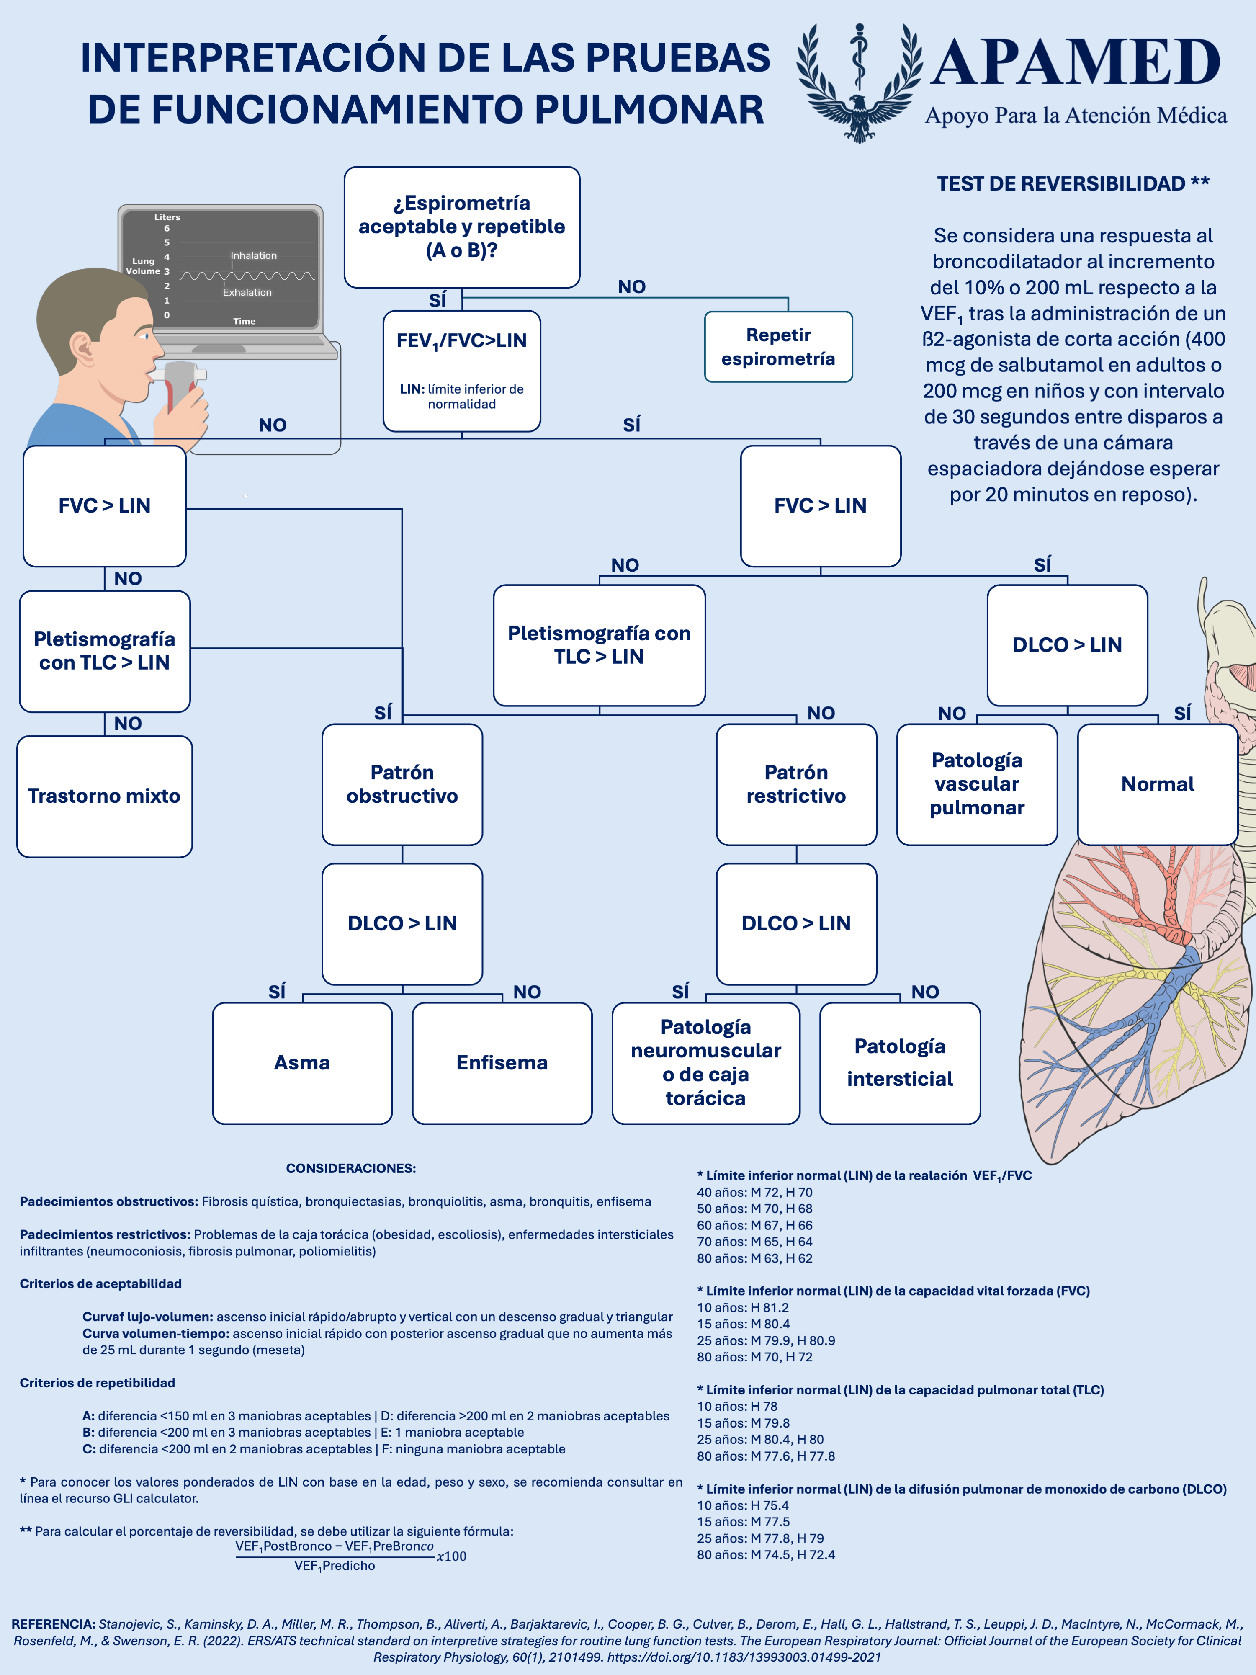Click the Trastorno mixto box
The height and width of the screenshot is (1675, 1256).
[x=105, y=796]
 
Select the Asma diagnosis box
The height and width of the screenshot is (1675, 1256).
[x=302, y=1062]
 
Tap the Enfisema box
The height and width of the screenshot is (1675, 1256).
[x=502, y=1062]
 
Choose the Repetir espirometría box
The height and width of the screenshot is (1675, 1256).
[x=778, y=347]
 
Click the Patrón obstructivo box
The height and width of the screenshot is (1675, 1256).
[x=402, y=784]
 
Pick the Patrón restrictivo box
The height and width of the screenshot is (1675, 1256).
[x=796, y=784]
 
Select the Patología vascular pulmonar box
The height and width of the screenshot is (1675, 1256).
[x=977, y=784]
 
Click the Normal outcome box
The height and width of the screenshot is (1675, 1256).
[x=1158, y=784]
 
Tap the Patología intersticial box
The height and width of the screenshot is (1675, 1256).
[x=900, y=1062]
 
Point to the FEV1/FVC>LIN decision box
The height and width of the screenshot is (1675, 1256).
[x=462, y=371]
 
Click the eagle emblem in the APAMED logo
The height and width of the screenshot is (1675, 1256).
[x=859, y=83]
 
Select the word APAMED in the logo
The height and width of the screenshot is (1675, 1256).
[x=1075, y=63]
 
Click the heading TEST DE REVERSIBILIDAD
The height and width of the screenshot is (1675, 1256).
[x=1060, y=183]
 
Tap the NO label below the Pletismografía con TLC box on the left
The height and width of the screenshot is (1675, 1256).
[x=128, y=723]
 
